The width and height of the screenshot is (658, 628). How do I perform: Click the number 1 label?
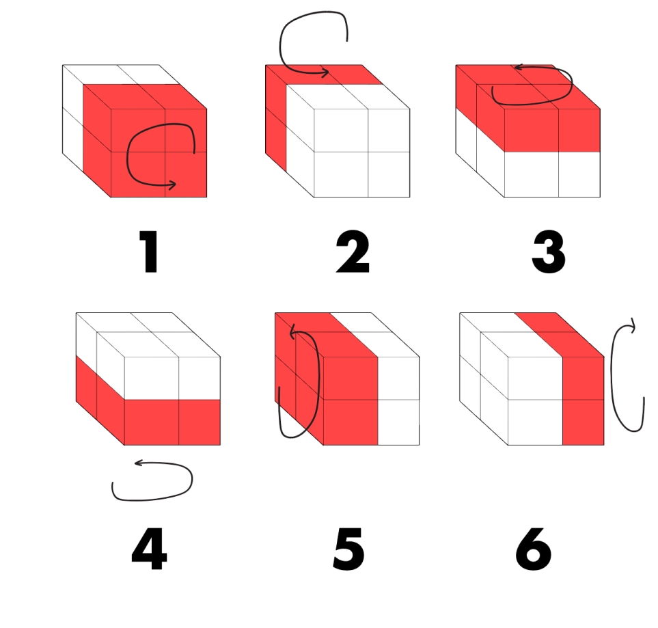148,251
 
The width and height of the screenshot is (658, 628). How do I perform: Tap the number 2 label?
353,251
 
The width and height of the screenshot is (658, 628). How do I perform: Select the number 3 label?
549,251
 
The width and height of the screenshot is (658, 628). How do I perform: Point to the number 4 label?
150,549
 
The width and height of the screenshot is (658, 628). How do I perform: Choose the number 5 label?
348,549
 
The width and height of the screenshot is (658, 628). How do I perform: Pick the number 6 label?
534,549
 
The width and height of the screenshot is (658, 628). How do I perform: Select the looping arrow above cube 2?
280,42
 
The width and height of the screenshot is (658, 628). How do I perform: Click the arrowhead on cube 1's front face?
172,184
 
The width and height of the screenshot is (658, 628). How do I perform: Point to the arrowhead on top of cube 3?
519,67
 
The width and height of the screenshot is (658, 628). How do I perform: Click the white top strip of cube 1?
122,74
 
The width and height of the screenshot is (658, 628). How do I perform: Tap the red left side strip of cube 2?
276,118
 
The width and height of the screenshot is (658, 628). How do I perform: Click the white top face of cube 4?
148,335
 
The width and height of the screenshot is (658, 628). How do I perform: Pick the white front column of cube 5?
398,401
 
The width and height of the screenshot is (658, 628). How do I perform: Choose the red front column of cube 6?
584,401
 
